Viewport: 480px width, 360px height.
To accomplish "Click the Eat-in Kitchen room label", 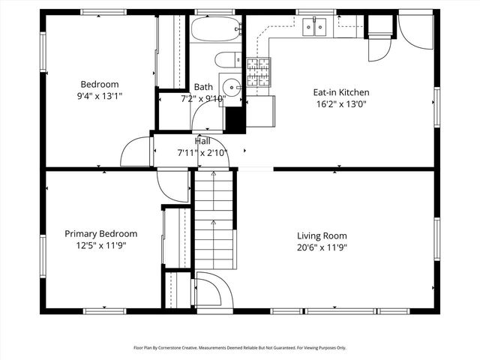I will (341, 93).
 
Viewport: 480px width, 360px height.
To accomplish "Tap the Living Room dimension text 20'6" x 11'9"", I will (322, 247).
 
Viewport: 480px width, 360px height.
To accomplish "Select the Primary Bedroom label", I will (100, 233).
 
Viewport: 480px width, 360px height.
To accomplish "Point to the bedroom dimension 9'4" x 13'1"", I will (100, 96).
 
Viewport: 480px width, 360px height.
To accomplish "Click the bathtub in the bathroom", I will (215, 30).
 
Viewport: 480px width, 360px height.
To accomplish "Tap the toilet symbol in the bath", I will (227, 60).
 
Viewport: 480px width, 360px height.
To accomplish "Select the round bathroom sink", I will (230, 84).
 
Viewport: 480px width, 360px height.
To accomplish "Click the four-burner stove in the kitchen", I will (258, 72).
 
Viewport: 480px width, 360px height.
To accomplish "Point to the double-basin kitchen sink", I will (316, 28).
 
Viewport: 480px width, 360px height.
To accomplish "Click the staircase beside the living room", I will (214, 221).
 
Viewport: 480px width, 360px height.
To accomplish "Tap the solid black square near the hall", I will (235, 119).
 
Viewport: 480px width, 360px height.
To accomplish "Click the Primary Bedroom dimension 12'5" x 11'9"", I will (100, 245).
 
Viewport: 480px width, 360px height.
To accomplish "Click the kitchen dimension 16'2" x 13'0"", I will (341, 105).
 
